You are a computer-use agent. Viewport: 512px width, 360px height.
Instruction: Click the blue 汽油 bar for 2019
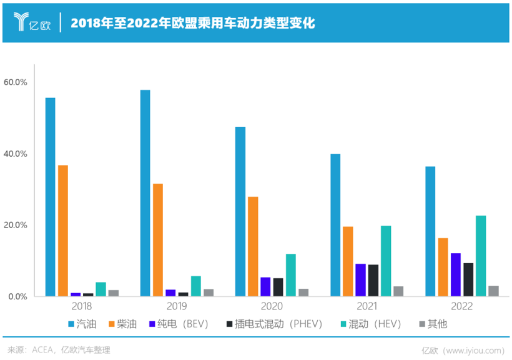click(x=145, y=193)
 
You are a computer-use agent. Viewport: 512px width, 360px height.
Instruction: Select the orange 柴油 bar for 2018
click(x=63, y=231)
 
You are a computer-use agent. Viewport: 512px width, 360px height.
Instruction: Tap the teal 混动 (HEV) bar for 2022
click(x=481, y=256)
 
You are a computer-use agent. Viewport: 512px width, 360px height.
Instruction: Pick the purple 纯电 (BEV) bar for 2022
click(x=456, y=274)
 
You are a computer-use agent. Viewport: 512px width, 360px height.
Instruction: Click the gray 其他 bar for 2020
click(x=303, y=292)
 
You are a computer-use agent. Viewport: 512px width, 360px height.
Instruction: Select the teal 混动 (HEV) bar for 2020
click(x=291, y=275)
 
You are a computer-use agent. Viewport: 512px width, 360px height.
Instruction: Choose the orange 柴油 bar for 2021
click(x=348, y=261)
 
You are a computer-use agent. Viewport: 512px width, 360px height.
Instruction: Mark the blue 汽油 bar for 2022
click(x=430, y=231)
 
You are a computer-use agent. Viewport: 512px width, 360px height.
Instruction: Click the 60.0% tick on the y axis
click(x=16, y=82)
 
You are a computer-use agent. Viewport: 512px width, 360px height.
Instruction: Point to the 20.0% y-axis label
click(x=16, y=225)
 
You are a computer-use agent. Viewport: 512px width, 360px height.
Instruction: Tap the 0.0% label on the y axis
click(x=17, y=296)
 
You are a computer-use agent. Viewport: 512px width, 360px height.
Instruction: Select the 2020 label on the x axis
click(x=272, y=307)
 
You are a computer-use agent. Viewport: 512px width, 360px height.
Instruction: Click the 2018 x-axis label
click(x=81, y=307)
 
